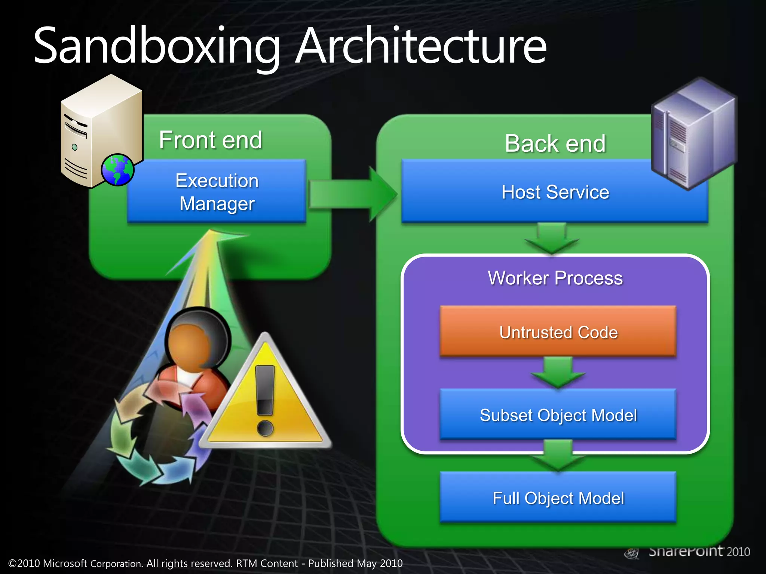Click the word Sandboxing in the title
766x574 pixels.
157,47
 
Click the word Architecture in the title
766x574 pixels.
421,47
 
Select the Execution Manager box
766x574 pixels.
217,192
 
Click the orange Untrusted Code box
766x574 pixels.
558,332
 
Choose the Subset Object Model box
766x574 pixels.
558,415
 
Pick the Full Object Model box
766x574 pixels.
558,498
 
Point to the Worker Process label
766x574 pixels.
555,278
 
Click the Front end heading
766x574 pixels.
211,140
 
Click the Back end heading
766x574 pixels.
555,143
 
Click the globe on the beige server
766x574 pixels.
117,170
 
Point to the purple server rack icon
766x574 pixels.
694,133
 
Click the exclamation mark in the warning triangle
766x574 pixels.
266,400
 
